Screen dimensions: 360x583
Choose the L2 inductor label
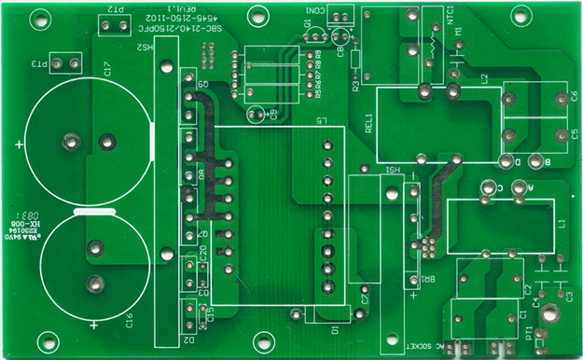pyautogui.click(x=483, y=78)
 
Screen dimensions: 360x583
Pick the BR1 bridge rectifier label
pyautogui.click(x=419, y=277)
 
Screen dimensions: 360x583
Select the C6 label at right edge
pyautogui.click(x=575, y=96)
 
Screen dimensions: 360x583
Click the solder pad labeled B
pyautogui.click(x=548, y=161)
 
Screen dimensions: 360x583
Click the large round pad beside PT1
pyautogui.click(x=551, y=315)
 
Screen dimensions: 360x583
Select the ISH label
pyautogui.click(x=393, y=170)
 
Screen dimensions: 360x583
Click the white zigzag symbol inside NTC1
pyautogui.click(x=434, y=41)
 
